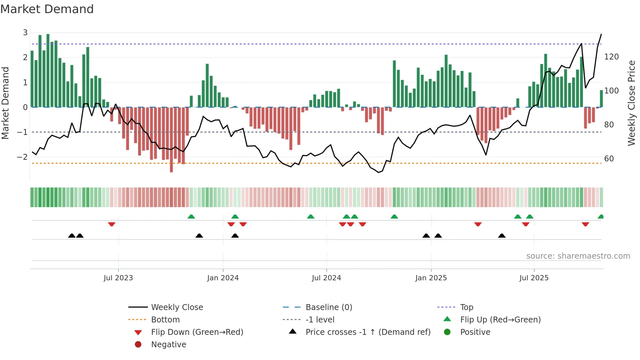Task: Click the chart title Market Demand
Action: click(x=47, y=9)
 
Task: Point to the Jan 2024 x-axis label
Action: click(x=223, y=278)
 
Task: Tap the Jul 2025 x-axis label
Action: click(x=534, y=278)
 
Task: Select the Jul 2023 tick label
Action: click(x=118, y=278)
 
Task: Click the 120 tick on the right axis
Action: click(x=611, y=57)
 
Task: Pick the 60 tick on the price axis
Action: click(x=609, y=159)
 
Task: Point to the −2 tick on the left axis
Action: click(x=22, y=157)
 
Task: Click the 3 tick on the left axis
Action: click(x=25, y=33)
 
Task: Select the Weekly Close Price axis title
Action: click(x=632, y=103)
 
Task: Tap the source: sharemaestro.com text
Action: click(x=578, y=256)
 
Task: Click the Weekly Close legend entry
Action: click(x=177, y=307)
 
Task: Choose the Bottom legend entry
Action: click(x=165, y=320)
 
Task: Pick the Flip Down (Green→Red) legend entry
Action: click(x=197, y=332)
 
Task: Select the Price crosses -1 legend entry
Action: click(x=368, y=332)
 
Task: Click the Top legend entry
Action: click(x=467, y=307)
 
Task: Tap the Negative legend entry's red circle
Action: click(x=138, y=345)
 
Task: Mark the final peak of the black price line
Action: click(x=601, y=34)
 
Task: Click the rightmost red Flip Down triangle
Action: click(x=585, y=224)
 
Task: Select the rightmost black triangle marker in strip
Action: click(x=502, y=236)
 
